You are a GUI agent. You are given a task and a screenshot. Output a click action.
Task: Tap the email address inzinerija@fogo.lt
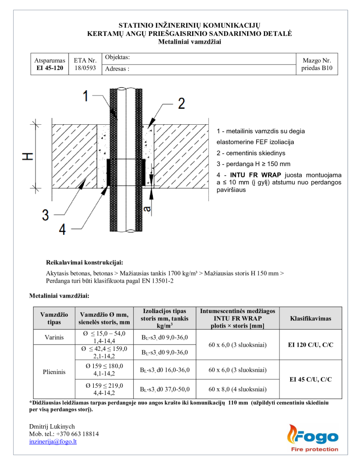53,441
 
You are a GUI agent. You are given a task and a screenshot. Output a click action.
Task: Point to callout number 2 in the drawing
181,104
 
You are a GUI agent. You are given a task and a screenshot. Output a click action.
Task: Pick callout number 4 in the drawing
62,230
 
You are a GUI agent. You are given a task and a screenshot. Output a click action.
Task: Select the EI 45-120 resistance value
50,68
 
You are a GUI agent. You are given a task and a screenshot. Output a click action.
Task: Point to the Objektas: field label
117,57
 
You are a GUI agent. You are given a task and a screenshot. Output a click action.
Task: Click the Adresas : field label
117,69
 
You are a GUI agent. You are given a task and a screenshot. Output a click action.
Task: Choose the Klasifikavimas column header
310,318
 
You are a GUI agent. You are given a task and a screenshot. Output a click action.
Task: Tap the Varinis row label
54,337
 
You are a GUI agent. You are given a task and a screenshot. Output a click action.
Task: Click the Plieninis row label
54,371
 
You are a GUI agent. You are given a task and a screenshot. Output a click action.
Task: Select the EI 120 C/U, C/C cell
310,344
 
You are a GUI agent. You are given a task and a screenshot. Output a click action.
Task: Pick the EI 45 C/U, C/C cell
310,379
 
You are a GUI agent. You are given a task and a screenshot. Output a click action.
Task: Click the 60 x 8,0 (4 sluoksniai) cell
237,389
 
